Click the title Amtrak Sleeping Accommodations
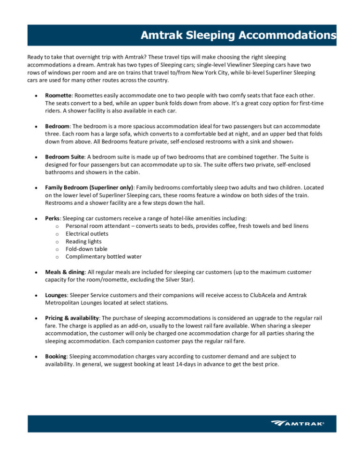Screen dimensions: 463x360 (x=238, y=36)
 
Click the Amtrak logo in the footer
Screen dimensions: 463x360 (x=297, y=424)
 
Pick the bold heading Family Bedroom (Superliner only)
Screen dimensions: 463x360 (x=89, y=187)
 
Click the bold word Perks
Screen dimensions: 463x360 (x=53, y=218)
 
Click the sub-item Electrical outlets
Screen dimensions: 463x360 (x=87, y=233)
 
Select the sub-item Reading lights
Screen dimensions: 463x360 (x=82, y=241)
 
